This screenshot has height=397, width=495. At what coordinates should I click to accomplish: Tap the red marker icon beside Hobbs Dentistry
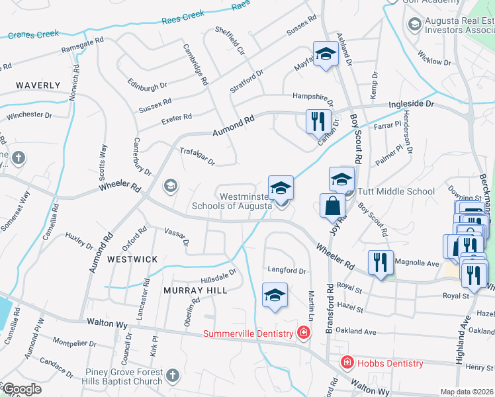coord(346,363)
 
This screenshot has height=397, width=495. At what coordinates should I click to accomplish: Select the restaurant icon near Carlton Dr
coord(318,121)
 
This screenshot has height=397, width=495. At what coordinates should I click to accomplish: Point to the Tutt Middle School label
coord(396,192)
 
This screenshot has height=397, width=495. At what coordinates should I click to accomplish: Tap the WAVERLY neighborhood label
coord(38,85)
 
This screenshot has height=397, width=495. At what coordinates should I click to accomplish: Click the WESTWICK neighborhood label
coord(132,259)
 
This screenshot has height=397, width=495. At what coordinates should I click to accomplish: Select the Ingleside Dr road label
coord(411,105)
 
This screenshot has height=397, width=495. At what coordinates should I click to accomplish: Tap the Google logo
coord(22,389)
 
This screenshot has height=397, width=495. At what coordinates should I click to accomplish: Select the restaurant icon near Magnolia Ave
coord(381,261)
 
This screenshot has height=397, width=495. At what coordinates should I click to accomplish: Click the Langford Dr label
coord(287,271)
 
